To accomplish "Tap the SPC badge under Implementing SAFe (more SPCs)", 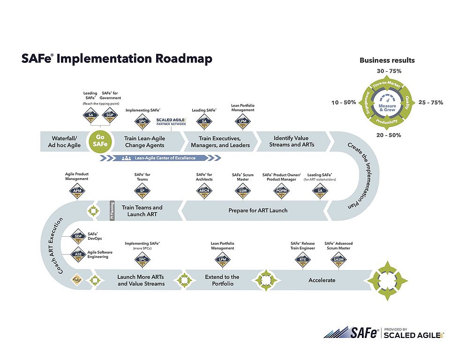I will (x=143, y=259).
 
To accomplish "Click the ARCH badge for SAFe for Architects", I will (x=204, y=190).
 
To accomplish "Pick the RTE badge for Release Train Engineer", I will (x=302, y=259).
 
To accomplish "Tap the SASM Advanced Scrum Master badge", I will (x=338, y=259).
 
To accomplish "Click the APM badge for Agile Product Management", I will (x=76, y=190).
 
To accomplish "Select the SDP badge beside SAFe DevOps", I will (x=78, y=236).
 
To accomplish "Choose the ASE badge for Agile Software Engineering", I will (x=78, y=255).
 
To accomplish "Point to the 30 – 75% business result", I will (x=389, y=71).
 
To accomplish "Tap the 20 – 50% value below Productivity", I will (x=388, y=135).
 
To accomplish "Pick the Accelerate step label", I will (x=322, y=280).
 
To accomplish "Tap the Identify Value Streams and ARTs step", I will (x=289, y=141).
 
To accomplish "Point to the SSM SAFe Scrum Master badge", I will (x=243, y=190).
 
